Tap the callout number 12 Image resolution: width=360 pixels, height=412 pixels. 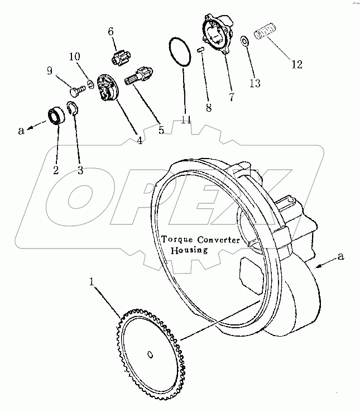(296, 64)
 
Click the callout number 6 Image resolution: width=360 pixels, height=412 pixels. (112, 31)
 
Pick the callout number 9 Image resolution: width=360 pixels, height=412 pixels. (50, 71)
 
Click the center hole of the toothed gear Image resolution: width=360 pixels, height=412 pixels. (151, 353)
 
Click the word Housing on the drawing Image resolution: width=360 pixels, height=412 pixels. (189, 250)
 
